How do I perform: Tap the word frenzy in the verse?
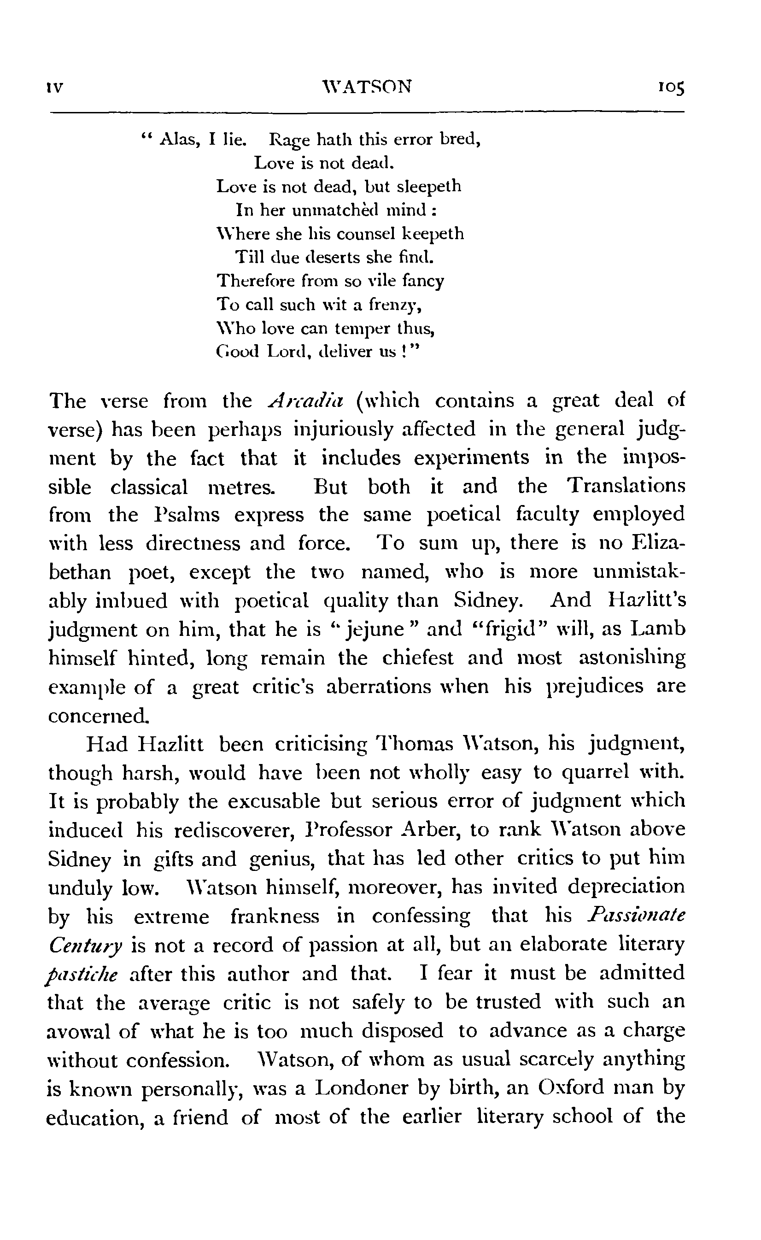[x=394, y=306]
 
